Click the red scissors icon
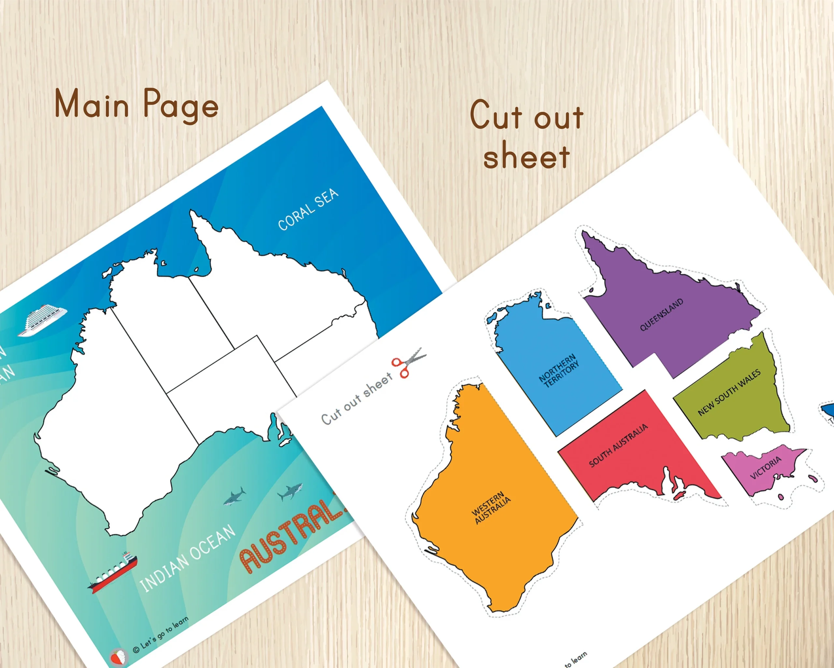pos(408,361)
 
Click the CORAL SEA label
pos(308,209)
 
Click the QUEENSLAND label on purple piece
pos(661,315)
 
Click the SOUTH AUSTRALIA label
pos(618,445)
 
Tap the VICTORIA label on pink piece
pos(766,467)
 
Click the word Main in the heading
pos(91,103)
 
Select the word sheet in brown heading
pos(526,155)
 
